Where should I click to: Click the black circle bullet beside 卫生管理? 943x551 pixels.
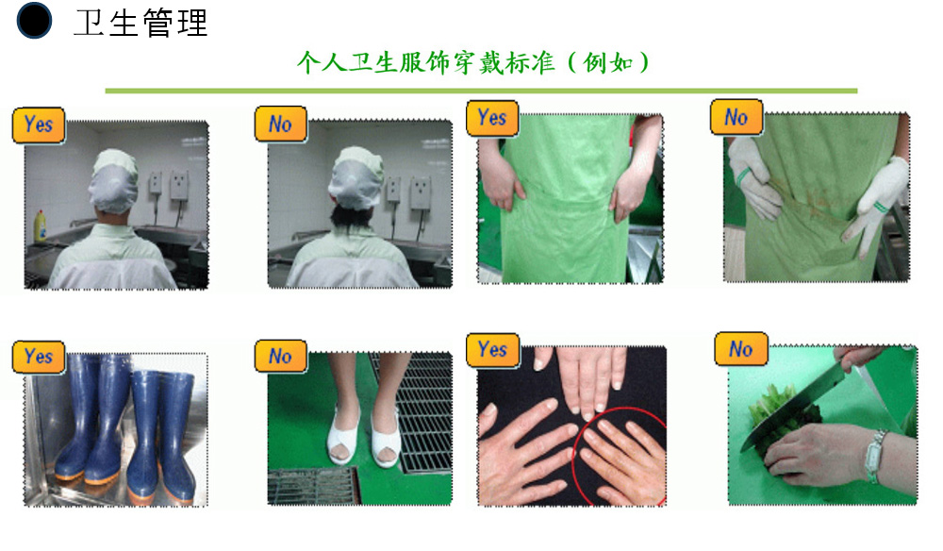pyautogui.click(x=34, y=21)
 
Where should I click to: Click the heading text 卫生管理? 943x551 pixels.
pyautogui.click(x=141, y=23)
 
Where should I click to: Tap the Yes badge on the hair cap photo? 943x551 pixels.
pyautogui.click(x=39, y=125)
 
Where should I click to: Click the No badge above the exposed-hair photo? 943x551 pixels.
pyautogui.click(x=281, y=124)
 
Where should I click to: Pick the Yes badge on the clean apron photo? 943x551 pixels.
pyautogui.click(x=492, y=117)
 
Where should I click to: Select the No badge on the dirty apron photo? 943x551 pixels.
pyautogui.click(x=736, y=117)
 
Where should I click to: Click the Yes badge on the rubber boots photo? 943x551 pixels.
pyautogui.click(x=39, y=356)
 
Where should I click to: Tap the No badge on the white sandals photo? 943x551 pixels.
pyautogui.click(x=281, y=356)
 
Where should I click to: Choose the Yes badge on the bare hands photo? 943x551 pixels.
pyautogui.click(x=492, y=349)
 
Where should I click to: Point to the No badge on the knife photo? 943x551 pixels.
pyautogui.click(x=741, y=349)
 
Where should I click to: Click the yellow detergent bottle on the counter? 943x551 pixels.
pyautogui.click(x=41, y=226)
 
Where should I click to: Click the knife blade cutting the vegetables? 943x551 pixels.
pyautogui.click(x=793, y=404)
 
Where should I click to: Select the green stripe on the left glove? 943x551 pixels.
pyautogui.click(x=743, y=176)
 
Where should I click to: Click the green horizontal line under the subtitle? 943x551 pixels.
pyautogui.click(x=481, y=91)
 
